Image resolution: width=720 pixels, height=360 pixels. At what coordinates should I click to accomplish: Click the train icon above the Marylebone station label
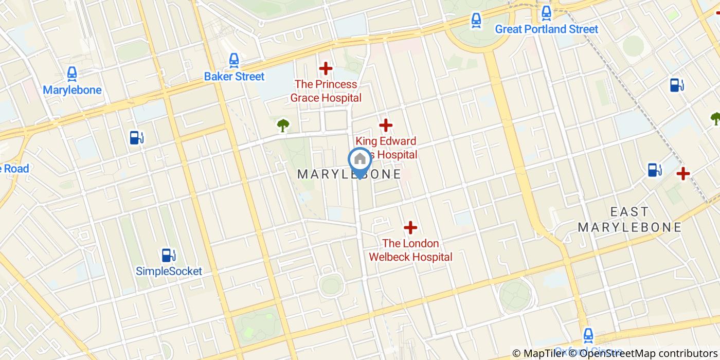point(72,74)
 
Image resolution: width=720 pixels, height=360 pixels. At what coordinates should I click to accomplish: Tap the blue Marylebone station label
point(72,90)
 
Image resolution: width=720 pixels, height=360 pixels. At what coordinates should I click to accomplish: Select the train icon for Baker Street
point(234,61)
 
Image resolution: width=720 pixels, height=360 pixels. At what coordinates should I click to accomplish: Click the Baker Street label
point(234,77)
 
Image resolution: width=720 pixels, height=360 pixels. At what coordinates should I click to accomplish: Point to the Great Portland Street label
point(546,29)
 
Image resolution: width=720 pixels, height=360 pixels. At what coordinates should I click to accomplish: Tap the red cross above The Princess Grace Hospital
point(326,68)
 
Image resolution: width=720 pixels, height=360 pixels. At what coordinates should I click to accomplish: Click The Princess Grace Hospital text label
point(326,91)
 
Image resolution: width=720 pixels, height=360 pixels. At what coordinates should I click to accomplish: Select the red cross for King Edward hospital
point(386,125)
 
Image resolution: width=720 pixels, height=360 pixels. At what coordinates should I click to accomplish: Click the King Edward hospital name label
point(386,147)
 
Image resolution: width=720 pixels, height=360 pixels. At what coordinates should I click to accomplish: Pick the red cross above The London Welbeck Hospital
point(410,227)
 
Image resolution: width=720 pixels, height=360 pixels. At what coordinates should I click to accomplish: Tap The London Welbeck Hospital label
point(410,250)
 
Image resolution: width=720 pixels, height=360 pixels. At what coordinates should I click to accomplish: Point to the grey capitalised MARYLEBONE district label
point(350,174)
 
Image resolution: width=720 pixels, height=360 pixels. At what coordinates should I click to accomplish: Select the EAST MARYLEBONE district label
point(629,220)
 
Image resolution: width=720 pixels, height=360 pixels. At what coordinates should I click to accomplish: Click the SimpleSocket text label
point(169,271)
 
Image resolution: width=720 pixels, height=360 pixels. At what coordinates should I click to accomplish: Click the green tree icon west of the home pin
point(282,124)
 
